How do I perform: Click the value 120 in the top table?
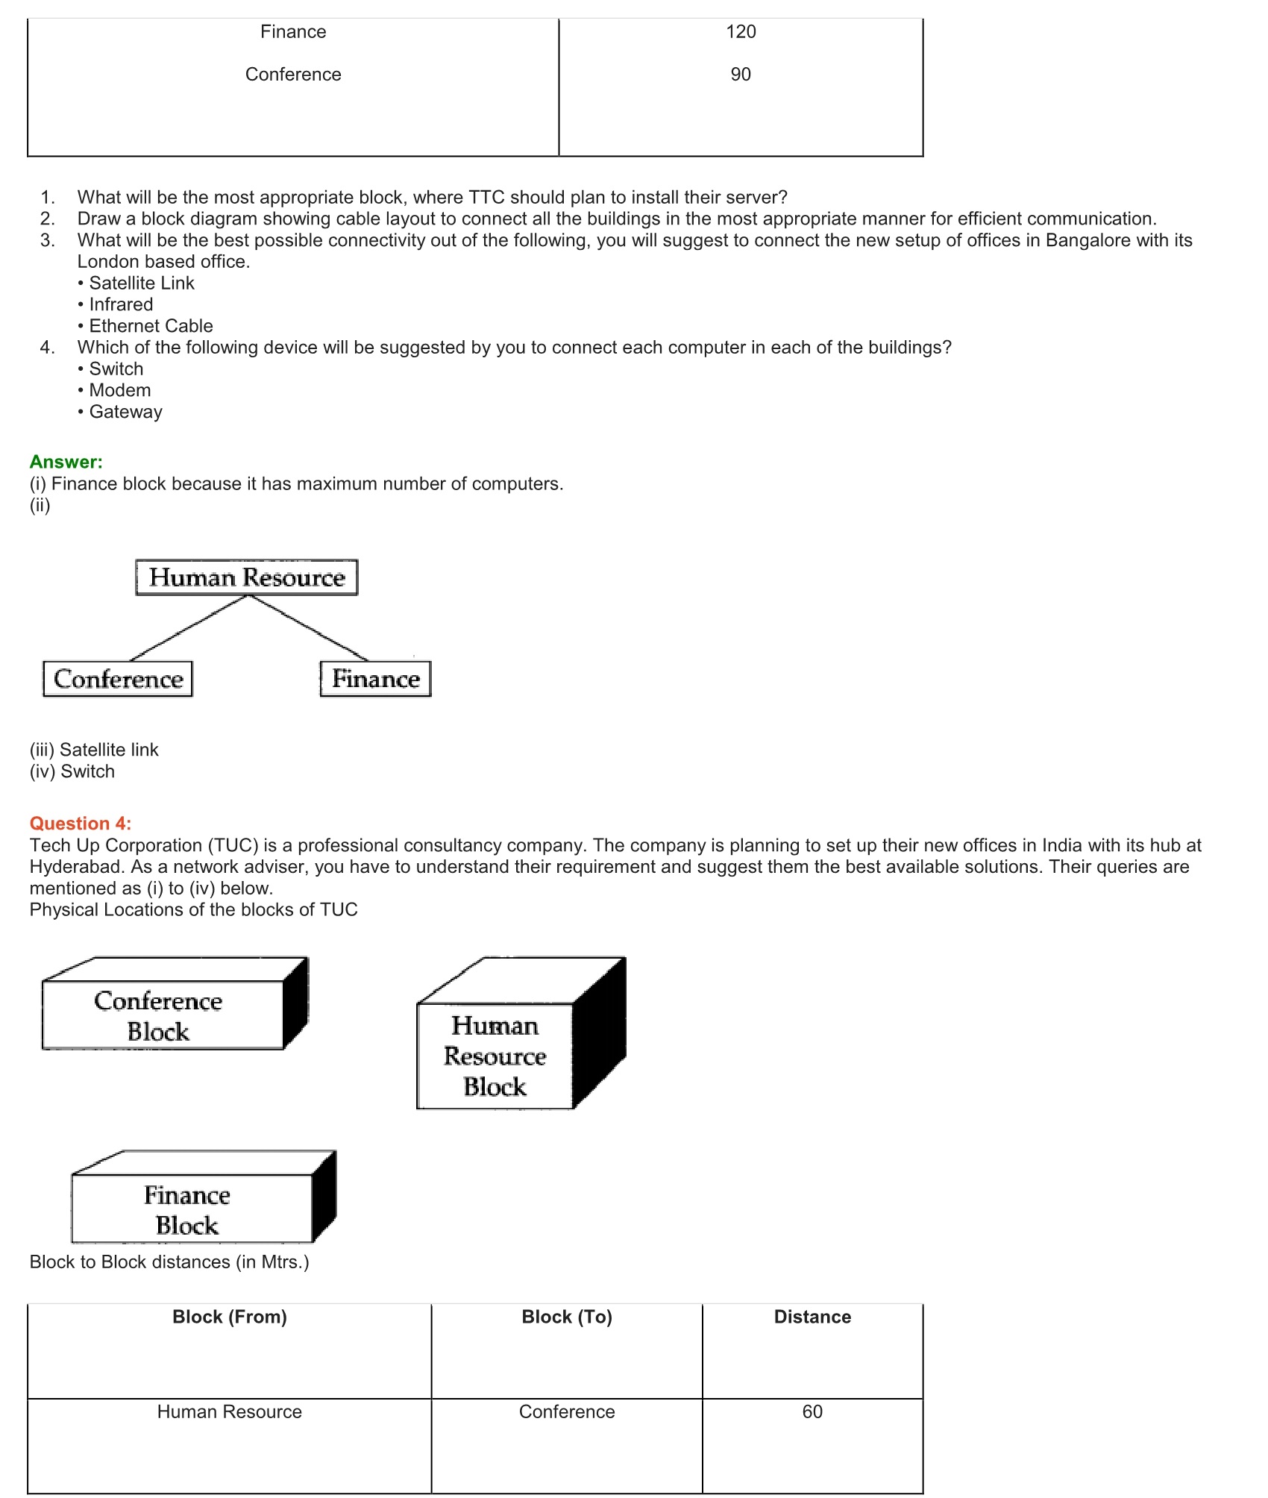tap(741, 32)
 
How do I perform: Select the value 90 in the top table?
tap(741, 75)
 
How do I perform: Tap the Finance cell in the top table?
tap(293, 32)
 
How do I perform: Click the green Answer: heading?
tap(66, 463)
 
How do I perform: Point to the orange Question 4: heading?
tap(81, 824)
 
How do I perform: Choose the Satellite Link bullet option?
tap(142, 283)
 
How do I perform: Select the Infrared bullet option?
tap(121, 305)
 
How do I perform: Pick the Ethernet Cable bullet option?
tap(151, 326)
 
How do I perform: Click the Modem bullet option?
tap(120, 391)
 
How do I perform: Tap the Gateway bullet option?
tap(125, 412)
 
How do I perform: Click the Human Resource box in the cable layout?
tap(247, 577)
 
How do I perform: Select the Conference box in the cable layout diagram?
tap(118, 679)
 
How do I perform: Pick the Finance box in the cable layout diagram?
tap(376, 679)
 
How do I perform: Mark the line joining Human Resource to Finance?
tap(309, 628)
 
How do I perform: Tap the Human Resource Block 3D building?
tap(495, 1056)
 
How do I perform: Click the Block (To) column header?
tap(567, 1317)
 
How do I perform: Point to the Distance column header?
tap(812, 1317)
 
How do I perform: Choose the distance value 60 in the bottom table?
tap(812, 1412)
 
